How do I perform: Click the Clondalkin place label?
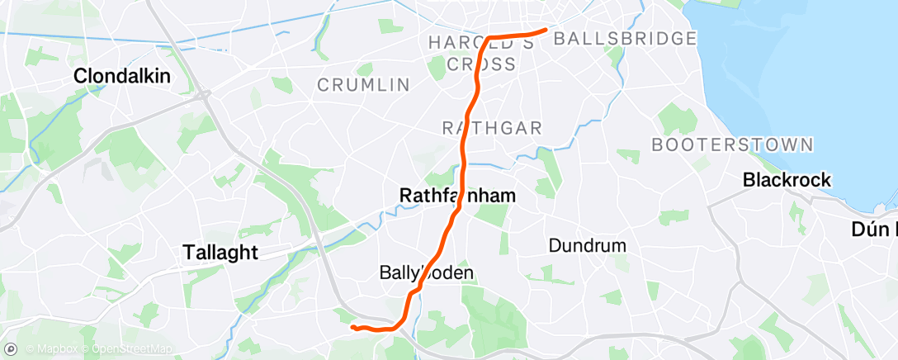pyautogui.click(x=122, y=76)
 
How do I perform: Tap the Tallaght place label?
pyautogui.click(x=220, y=253)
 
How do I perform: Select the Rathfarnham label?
pyautogui.click(x=457, y=196)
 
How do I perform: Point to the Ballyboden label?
pyautogui.click(x=427, y=272)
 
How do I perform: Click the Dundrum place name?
pyautogui.click(x=587, y=245)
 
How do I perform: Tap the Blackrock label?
pyautogui.click(x=787, y=179)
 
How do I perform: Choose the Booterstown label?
pyautogui.click(x=732, y=144)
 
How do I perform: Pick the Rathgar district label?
pyautogui.click(x=492, y=127)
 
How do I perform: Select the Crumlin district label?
pyautogui.click(x=364, y=84)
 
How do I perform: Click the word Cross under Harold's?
pyautogui.click(x=481, y=64)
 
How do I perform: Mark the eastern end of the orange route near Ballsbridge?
pyautogui.click(x=546, y=30)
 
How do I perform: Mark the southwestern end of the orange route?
pyautogui.click(x=352, y=327)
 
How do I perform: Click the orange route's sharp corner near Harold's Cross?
pyautogui.click(x=489, y=38)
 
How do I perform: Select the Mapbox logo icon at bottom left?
pyautogui.click(x=13, y=348)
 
